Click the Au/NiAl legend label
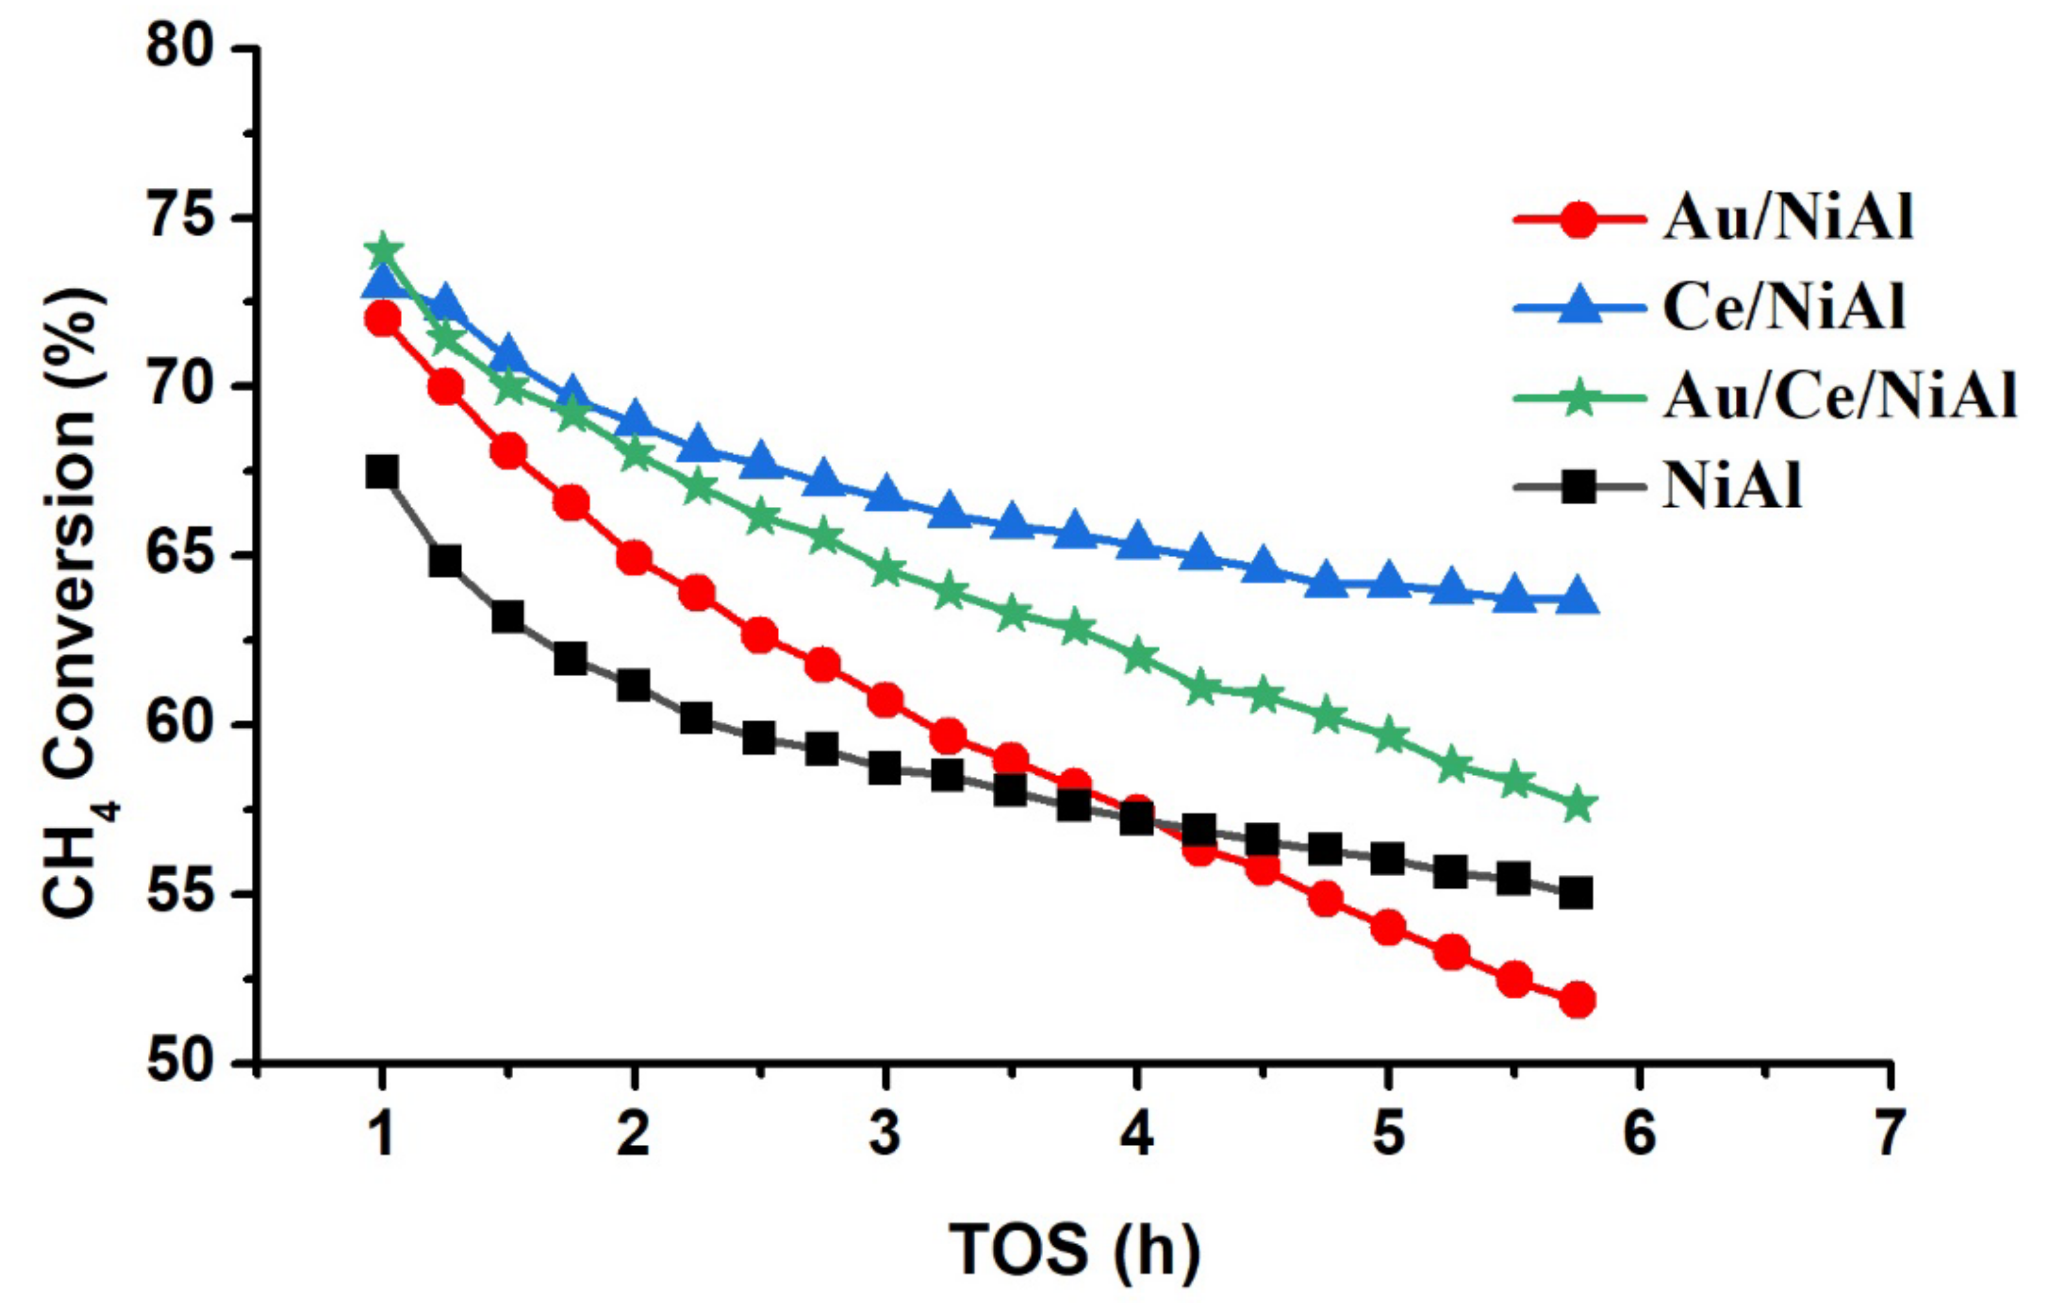[x=1787, y=218]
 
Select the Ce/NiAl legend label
[x=1784, y=307]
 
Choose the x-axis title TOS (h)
[x=1074, y=1249]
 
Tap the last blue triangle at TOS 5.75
[x=1577, y=598]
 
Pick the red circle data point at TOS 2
[x=633, y=559]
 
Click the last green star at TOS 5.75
[x=1578, y=805]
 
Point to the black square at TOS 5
[x=1388, y=859]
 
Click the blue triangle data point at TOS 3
[x=885, y=496]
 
